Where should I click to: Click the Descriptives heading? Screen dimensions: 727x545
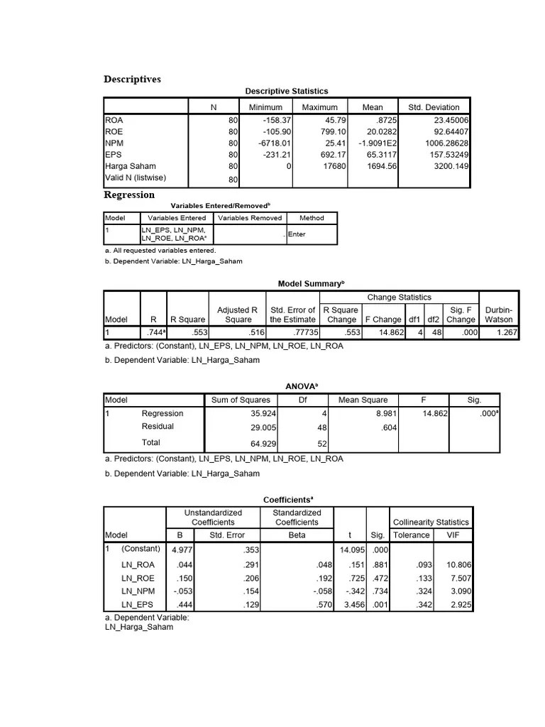click(x=132, y=79)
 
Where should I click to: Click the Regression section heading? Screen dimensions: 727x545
click(x=129, y=195)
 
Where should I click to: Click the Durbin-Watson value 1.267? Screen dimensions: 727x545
click(x=502, y=332)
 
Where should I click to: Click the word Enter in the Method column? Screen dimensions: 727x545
click(x=297, y=234)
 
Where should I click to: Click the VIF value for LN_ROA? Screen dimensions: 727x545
click(x=458, y=565)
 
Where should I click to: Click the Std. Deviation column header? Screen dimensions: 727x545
click(x=434, y=107)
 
